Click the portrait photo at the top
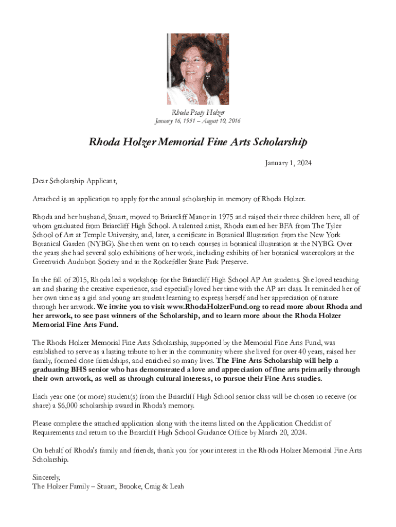198,69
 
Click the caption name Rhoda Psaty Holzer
198,112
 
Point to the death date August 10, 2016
220,121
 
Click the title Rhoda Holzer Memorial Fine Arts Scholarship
198,142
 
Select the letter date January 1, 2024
288,164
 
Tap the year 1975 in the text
227,217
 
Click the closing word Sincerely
46,477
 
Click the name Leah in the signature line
174,486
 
